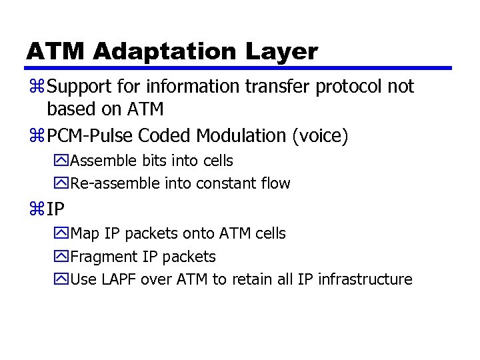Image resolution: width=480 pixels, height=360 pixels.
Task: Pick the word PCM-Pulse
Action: point(91,136)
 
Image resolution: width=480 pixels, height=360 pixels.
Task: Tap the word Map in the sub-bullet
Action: point(84,234)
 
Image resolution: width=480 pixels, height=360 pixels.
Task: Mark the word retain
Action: point(251,279)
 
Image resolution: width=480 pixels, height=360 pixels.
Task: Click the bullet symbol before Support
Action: point(36,87)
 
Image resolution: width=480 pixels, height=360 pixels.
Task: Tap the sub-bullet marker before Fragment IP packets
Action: point(63,257)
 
